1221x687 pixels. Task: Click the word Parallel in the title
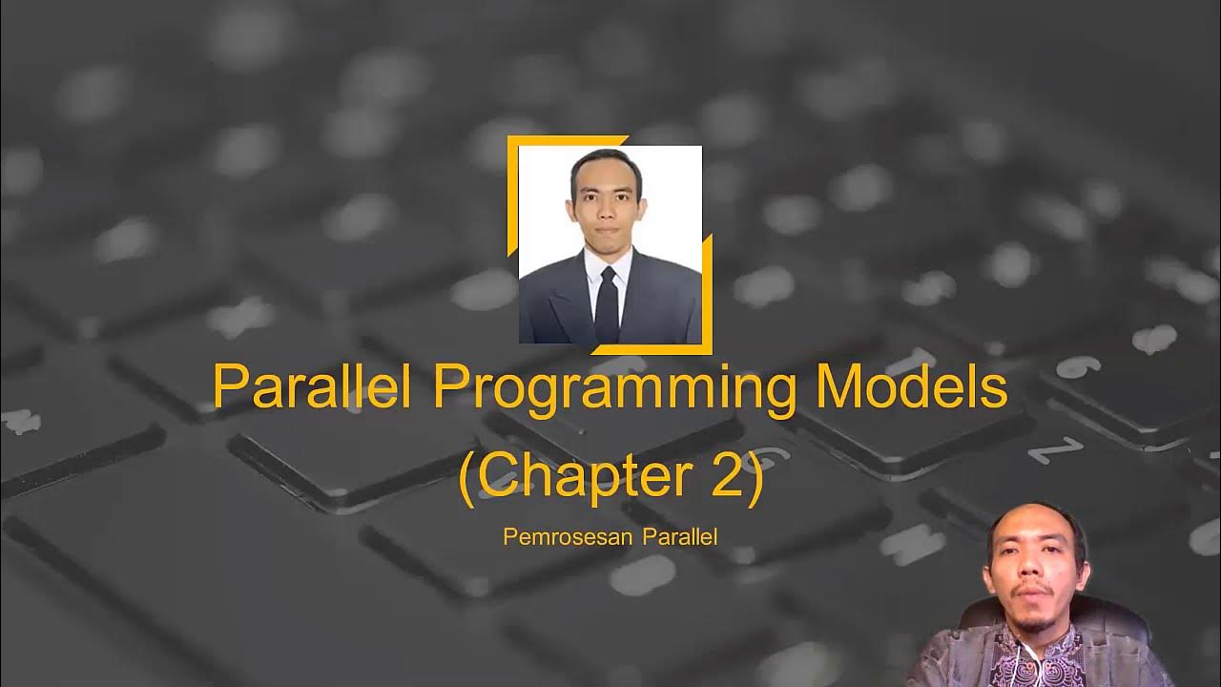point(304,388)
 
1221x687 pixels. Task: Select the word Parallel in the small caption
point(680,536)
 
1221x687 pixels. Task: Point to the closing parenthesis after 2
point(754,478)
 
